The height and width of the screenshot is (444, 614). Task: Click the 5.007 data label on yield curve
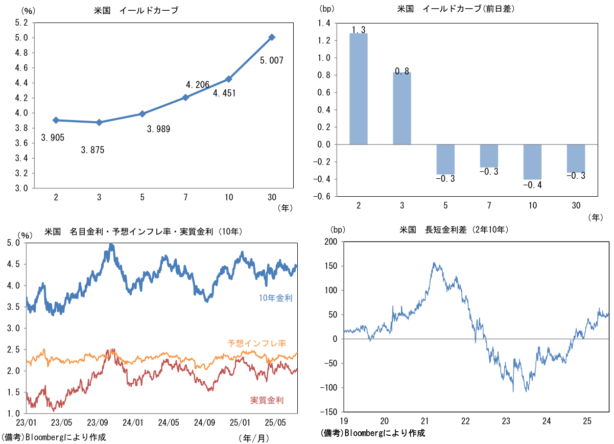pyautogui.click(x=271, y=60)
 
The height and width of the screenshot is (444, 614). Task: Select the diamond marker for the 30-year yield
pyautogui.click(x=272, y=37)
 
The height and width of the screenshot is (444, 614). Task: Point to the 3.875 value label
pyautogui.click(x=92, y=150)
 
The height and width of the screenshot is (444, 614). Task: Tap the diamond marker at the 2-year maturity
pyautogui.click(x=56, y=120)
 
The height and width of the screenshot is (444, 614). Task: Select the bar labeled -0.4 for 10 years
pyautogui.click(x=532, y=162)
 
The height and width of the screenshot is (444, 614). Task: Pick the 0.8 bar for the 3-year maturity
pyautogui.click(x=402, y=108)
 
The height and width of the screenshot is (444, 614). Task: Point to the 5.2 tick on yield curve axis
pyautogui.click(x=21, y=22)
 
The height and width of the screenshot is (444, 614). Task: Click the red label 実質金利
pyautogui.click(x=267, y=400)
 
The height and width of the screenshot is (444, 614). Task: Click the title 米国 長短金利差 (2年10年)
pyautogui.click(x=454, y=230)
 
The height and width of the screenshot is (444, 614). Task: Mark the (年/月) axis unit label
pyautogui.click(x=253, y=438)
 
